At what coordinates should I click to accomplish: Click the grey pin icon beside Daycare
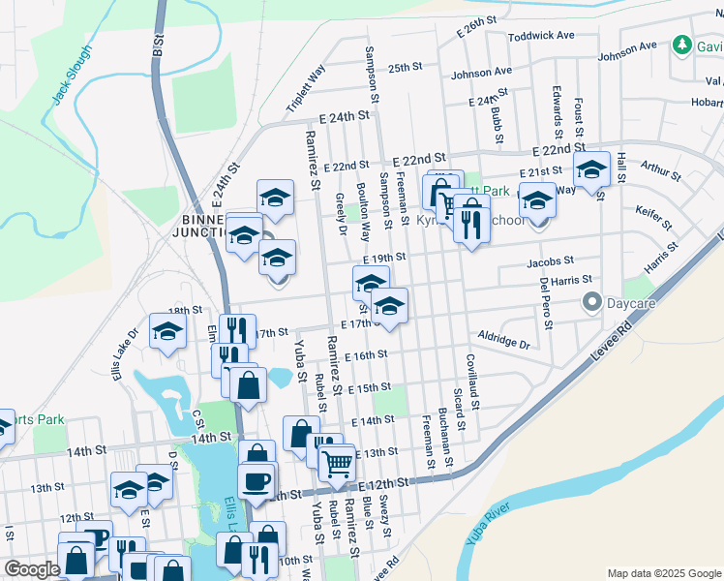coord(591,303)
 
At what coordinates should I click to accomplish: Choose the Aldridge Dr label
coord(504,339)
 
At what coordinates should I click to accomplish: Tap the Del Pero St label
coord(546,304)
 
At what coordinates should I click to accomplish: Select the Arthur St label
coord(661,171)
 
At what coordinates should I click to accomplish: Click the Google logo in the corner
coord(32,569)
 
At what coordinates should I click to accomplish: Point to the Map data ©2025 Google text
coord(664,573)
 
